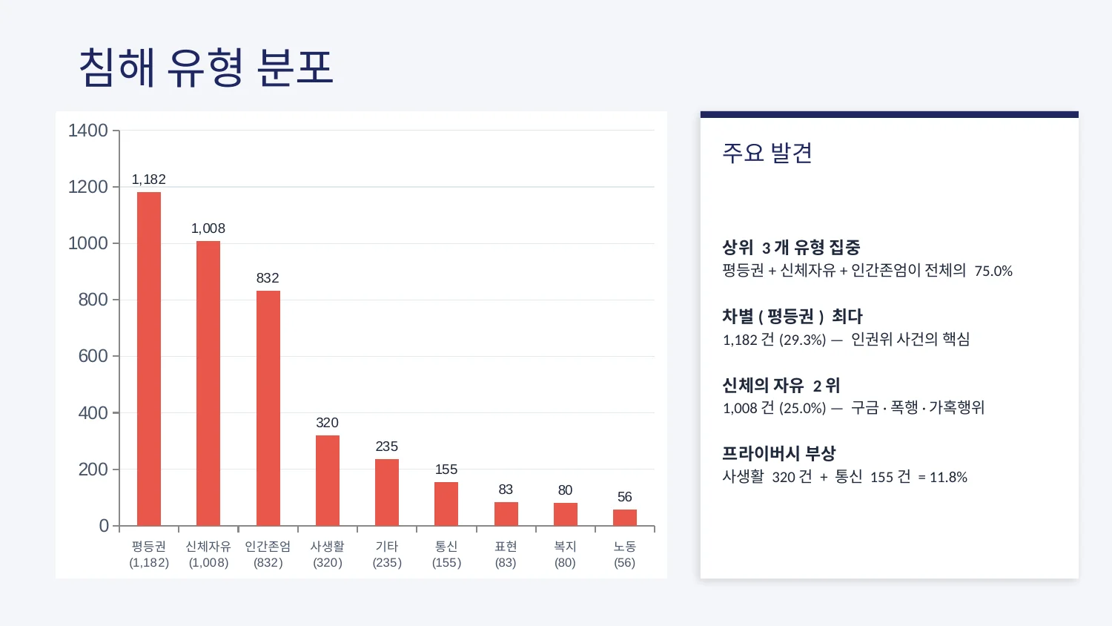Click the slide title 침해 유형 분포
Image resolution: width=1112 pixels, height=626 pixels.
pyautogui.click(x=206, y=67)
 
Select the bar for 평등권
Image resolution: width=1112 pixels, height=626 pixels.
pyautogui.click(x=149, y=359)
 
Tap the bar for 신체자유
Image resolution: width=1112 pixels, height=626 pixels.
pyautogui.click(x=208, y=383)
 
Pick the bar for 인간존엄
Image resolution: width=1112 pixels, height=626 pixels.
pyautogui.click(x=268, y=408)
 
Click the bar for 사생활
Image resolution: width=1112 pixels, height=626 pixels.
pyautogui.click(x=328, y=481)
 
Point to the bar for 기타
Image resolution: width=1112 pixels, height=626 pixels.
pyautogui.click(x=387, y=492)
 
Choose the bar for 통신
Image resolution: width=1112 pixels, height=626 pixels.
pyautogui.click(x=446, y=504)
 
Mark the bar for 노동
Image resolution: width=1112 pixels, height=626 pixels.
pyautogui.click(x=625, y=518)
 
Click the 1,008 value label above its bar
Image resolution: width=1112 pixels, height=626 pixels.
pyautogui.click(x=208, y=228)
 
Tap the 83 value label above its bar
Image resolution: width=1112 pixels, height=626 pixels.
pyautogui.click(x=506, y=490)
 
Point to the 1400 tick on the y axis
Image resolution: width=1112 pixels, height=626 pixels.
pyautogui.click(x=88, y=131)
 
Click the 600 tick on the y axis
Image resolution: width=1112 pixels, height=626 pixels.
pyautogui.click(x=93, y=356)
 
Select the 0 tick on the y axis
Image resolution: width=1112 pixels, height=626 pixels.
pyautogui.click(x=104, y=526)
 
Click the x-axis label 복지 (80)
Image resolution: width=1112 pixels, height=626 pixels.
pyautogui.click(x=565, y=554)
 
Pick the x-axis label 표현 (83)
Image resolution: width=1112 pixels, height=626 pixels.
pyautogui.click(x=506, y=554)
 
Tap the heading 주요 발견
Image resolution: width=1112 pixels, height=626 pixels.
pyautogui.click(x=767, y=153)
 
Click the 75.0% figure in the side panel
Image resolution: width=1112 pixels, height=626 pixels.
pyautogui.click(x=993, y=271)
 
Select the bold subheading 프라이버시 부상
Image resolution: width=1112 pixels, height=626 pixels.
pyautogui.click(x=779, y=453)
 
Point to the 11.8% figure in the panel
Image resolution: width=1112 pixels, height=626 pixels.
pyautogui.click(x=948, y=478)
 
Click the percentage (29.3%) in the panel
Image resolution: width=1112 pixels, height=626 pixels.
pyautogui.click(x=802, y=340)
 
